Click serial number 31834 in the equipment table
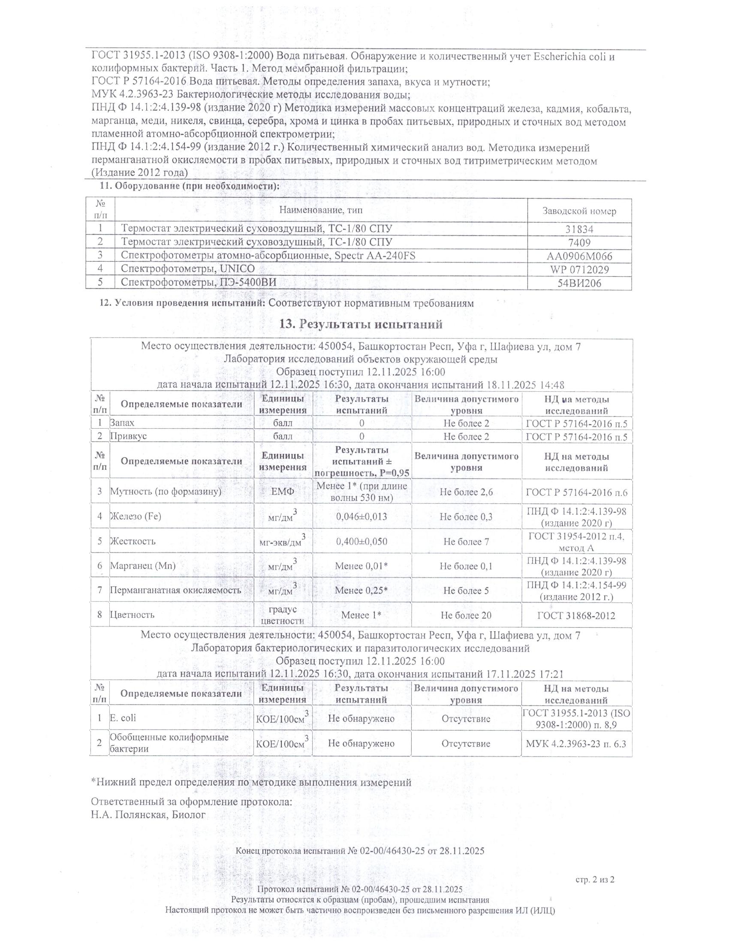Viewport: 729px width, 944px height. [579, 230]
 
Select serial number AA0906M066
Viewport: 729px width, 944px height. [579, 256]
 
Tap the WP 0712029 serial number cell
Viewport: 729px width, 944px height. [579, 270]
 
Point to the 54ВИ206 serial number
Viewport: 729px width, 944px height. [579, 284]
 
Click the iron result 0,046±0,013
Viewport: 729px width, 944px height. [361, 517]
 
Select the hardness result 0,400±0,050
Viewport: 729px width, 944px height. [361, 542]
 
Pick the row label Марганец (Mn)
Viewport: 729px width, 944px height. [142, 566]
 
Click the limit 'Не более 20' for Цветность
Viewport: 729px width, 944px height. [466, 615]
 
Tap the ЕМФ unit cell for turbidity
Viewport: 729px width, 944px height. [283, 492]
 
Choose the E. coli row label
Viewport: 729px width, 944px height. [123, 718]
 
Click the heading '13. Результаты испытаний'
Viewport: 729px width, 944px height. [361, 324]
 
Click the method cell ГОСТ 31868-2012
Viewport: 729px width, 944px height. [576, 615]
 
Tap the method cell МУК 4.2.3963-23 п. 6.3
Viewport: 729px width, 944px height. [576, 744]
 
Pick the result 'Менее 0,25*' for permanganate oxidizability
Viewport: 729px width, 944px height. [361, 590]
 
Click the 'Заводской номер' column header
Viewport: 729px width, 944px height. [579, 212]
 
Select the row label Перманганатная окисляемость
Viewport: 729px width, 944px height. [175, 590]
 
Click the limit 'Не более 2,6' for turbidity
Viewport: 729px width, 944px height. [466, 492]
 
